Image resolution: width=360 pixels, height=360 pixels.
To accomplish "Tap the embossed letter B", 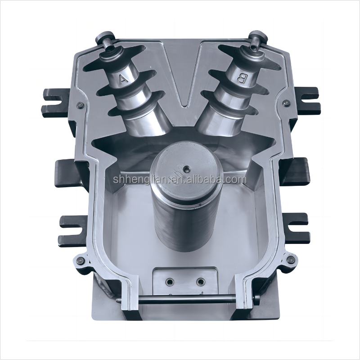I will pos(242,79).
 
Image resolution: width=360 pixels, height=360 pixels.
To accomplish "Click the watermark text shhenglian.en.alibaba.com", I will pos(180,180).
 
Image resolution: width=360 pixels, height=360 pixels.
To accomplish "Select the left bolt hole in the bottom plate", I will pos(169,282).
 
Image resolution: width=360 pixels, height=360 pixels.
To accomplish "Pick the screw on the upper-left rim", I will pos(80,105).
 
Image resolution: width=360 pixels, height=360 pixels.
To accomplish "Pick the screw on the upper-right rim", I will pos(284,104).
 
